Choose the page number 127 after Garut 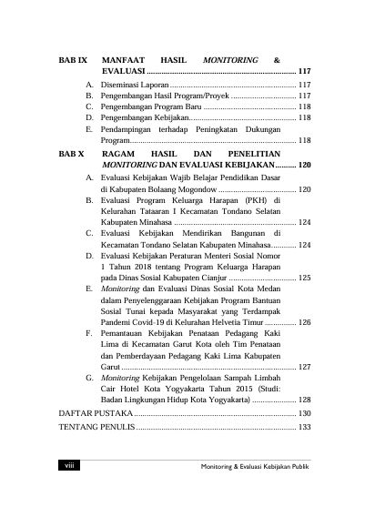click(305, 366)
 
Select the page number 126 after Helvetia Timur click(305, 321)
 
